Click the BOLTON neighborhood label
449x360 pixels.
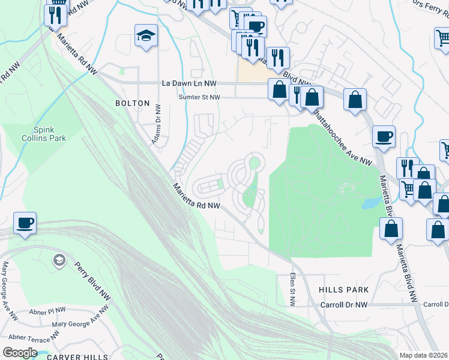(x=132, y=103)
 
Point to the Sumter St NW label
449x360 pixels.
(x=200, y=97)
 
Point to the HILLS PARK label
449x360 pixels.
(x=344, y=290)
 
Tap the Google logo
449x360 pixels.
(x=19, y=353)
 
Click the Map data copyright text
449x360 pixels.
(x=424, y=355)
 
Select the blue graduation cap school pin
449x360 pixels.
(x=146, y=37)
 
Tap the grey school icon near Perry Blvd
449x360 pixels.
(x=59, y=260)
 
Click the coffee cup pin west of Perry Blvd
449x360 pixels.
(x=25, y=223)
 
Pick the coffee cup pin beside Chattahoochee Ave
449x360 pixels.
(x=384, y=137)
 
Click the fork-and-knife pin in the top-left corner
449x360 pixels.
(x=55, y=14)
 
